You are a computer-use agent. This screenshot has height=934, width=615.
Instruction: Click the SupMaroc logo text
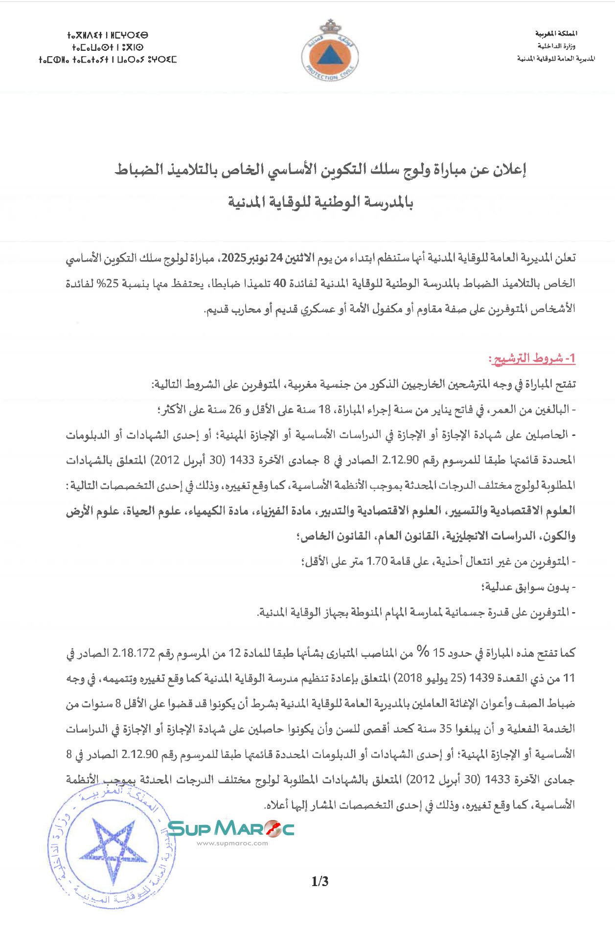tap(230, 828)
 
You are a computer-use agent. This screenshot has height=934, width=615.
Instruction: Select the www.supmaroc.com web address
tap(232, 843)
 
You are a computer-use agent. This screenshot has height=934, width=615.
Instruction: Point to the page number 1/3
tap(320, 881)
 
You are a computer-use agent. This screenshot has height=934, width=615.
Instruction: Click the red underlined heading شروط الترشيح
tap(532, 358)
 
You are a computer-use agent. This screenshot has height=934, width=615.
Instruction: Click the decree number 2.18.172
tap(134, 653)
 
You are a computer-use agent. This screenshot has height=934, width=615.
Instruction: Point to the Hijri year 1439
tap(481, 678)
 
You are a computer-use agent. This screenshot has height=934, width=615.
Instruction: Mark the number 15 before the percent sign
tap(438, 653)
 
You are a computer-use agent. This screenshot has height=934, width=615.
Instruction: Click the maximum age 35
tap(446, 729)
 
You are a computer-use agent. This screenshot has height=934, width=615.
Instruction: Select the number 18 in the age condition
tap(325, 410)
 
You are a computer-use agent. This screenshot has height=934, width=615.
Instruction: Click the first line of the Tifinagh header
tap(107, 36)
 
